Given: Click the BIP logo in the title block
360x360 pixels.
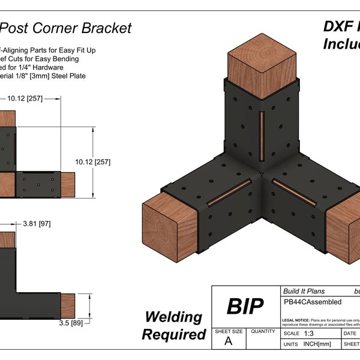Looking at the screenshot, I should click(245, 307).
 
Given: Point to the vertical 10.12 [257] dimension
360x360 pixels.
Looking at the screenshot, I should click(94, 162).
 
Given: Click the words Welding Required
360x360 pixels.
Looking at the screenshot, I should click(174, 325).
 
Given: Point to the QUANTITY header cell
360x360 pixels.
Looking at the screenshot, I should click(262, 331).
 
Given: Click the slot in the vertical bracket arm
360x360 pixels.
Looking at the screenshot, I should click(262, 136).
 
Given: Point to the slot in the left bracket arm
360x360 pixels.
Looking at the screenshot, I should click(227, 192).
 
